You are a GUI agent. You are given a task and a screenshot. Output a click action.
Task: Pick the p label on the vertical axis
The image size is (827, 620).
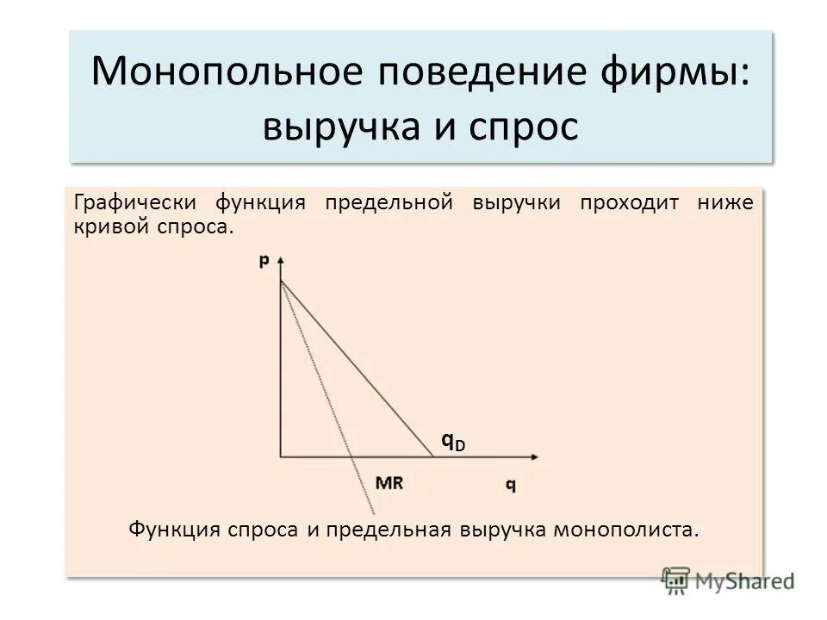[264, 261]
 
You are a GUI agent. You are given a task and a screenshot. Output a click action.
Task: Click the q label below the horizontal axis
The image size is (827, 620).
[511, 484]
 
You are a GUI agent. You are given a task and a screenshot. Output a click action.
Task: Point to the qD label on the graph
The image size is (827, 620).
[453, 442]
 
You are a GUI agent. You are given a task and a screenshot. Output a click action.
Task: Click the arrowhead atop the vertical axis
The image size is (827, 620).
[281, 259]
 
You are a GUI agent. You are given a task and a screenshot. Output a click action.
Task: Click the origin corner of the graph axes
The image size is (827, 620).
[281, 456]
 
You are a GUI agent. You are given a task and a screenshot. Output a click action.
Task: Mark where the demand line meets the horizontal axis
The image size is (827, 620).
[432, 456]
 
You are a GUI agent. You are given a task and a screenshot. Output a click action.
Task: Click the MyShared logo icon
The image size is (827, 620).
[676, 580]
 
